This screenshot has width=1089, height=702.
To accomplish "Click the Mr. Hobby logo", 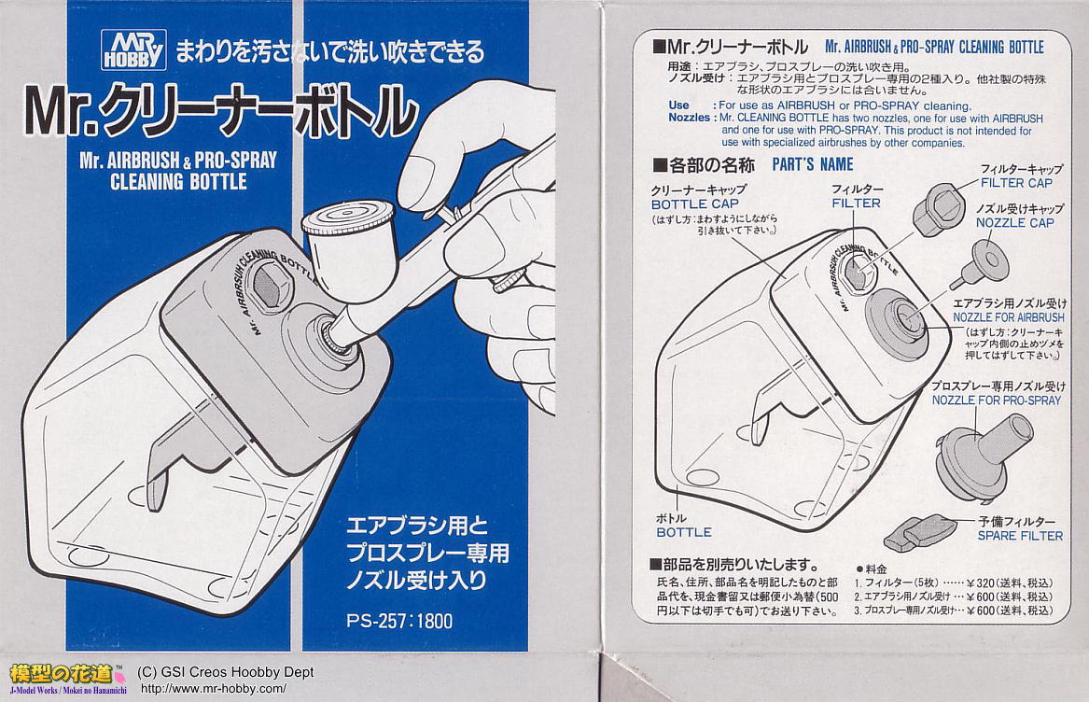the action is (133, 49).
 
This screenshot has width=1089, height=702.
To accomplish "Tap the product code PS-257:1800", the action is (399, 620).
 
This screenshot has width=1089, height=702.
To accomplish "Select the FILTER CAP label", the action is (1017, 183).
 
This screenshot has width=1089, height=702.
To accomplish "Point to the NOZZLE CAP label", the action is (1014, 222).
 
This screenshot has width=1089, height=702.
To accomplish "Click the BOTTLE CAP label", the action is (694, 204).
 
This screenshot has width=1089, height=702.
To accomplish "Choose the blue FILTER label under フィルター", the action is (857, 203).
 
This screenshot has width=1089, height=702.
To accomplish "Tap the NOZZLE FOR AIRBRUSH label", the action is (1009, 317).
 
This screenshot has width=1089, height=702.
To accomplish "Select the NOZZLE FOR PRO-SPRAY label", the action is (997, 400).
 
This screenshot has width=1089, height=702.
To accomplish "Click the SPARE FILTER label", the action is (1020, 536).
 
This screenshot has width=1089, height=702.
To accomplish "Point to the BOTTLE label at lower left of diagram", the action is (684, 532).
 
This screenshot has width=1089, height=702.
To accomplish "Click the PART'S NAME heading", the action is (813, 164).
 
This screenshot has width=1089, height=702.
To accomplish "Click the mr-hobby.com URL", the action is (213, 689).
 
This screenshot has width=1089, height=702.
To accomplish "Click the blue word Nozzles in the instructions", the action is (690, 118).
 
